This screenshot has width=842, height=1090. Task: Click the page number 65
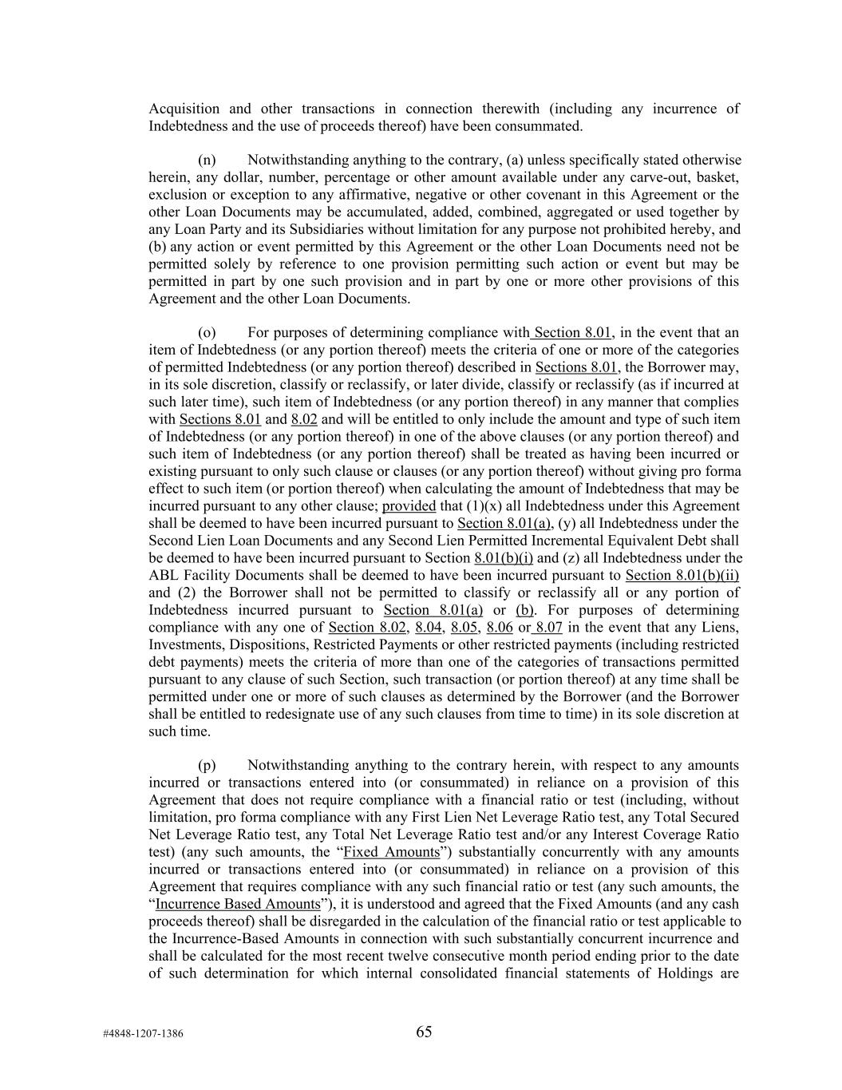click(x=424, y=1032)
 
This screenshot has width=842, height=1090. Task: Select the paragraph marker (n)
click(x=207, y=161)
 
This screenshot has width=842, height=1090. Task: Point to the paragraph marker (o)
click(x=207, y=333)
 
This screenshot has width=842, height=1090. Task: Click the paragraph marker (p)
click(x=207, y=766)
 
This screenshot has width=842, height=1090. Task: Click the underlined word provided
click(x=409, y=506)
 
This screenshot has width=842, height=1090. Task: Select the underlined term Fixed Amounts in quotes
click(x=391, y=852)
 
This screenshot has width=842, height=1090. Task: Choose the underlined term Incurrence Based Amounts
click(x=238, y=904)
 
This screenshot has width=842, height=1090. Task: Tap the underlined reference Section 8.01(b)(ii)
click(x=682, y=576)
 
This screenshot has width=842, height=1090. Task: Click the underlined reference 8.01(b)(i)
click(x=504, y=558)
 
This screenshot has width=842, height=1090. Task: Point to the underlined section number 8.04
click(x=429, y=628)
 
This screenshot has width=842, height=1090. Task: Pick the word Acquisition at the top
click(x=184, y=109)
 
